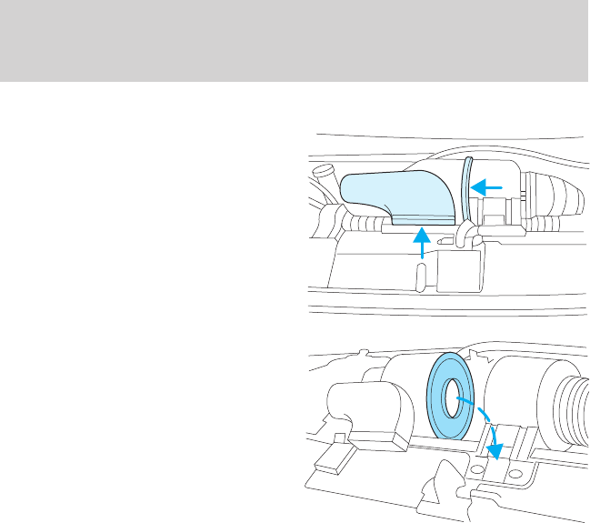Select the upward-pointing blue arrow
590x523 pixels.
(421, 245)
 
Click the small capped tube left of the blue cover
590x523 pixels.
(323, 173)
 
